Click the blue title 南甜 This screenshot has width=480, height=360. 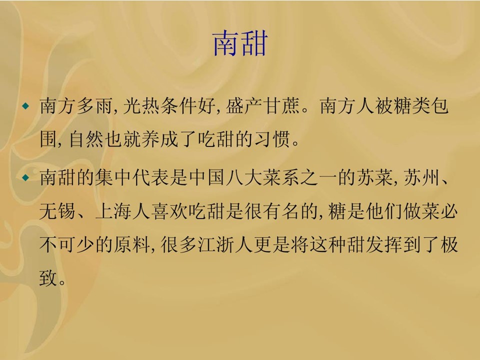pos(240,43)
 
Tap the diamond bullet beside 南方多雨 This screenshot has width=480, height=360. pos(26,106)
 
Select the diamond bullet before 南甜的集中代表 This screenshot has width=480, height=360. pos(26,177)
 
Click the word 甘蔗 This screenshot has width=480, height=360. pos(282,106)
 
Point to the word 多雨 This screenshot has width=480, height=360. pos(95,106)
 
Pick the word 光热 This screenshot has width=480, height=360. pos(141,106)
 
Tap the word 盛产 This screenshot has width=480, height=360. pos(244,106)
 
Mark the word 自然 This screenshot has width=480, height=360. pos(86,139)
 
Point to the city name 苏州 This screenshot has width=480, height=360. pos(422,177)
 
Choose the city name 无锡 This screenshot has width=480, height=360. pos(57,211)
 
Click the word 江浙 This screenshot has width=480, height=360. pos(216,244)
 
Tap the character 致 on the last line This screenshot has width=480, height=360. pos(48,277)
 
